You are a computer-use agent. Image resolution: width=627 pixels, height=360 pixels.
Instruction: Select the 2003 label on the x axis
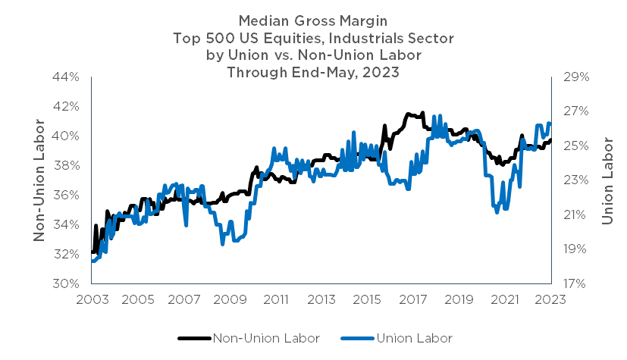[91, 299]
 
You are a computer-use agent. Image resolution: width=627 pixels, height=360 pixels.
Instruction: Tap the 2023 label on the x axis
[549, 299]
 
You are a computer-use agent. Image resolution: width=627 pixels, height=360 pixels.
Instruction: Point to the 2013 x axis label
[320, 299]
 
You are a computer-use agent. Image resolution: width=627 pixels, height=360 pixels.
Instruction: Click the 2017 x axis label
[412, 299]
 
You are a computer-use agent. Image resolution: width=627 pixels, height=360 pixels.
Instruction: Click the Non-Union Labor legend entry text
[266, 338]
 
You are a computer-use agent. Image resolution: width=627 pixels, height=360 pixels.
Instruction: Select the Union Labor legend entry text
[414, 338]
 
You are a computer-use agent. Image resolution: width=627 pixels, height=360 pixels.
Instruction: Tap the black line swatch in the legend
[194, 338]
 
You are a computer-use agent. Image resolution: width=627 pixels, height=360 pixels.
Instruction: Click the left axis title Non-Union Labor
[39, 180]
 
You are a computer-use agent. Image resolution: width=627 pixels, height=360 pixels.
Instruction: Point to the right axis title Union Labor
[607, 180]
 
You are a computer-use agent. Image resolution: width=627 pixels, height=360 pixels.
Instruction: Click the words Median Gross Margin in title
[313, 20]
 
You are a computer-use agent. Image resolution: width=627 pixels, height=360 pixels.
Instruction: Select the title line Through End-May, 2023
[313, 73]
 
